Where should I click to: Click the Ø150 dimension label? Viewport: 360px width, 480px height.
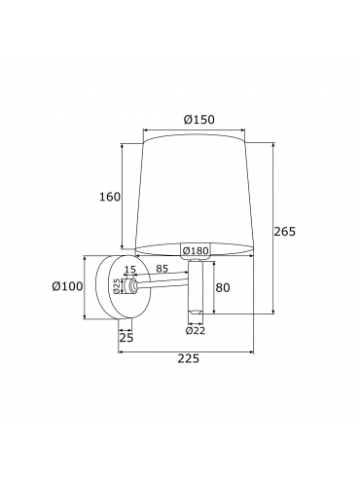(198, 120)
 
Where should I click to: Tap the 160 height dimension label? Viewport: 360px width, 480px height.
(110, 197)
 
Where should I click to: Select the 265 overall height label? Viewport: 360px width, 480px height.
(285, 232)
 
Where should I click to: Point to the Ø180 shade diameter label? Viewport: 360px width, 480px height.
(195, 250)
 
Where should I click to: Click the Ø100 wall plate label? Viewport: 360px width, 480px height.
(67, 286)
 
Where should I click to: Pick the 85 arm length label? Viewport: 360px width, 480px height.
(162, 269)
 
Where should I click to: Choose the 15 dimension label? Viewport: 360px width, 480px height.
(130, 269)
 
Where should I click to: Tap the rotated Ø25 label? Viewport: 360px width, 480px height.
(118, 286)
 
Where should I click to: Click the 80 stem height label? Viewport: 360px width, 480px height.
(223, 287)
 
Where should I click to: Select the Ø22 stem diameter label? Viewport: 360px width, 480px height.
(196, 330)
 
